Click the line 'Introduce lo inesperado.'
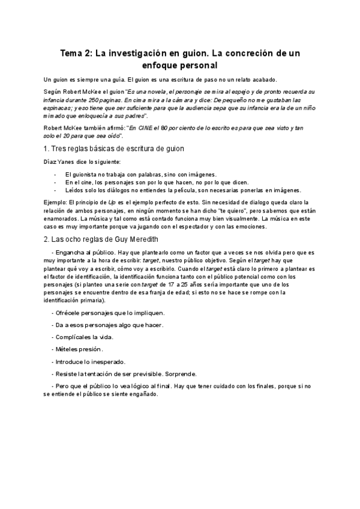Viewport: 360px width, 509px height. click(90, 361)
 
